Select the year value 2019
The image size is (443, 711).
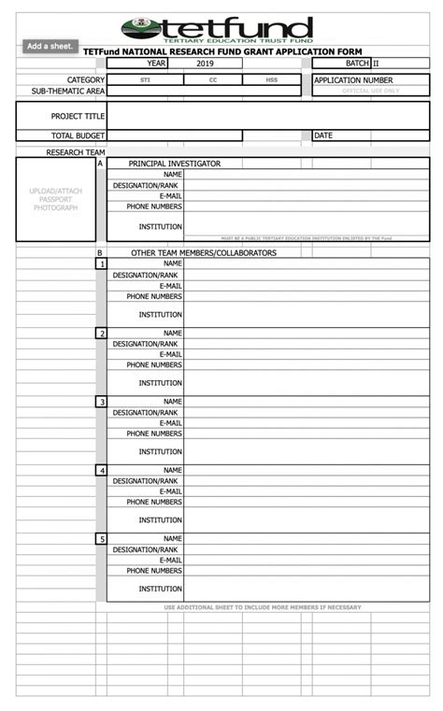click(x=206, y=64)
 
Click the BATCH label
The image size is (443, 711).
click(x=357, y=64)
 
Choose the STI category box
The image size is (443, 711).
click(x=145, y=80)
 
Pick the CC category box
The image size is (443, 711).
click(x=213, y=80)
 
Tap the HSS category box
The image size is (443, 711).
click(x=272, y=80)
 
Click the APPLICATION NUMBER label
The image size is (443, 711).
click(x=353, y=80)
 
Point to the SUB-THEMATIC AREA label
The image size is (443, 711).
click(x=67, y=92)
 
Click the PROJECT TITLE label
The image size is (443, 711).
click(x=78, y=117)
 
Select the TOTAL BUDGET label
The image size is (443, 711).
click(x=78, y=135)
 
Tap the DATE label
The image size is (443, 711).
click(x=323, y=135)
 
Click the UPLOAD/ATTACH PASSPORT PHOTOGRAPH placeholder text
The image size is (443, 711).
click(x=56, y=199)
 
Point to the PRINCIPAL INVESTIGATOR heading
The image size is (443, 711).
click(x=174, y=164)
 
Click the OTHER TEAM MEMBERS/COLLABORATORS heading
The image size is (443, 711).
click(x=203, y=253)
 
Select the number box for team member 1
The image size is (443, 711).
click(x=101, y=264)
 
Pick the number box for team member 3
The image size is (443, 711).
click(x=101, y=402)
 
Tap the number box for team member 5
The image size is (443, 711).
click(x=101, y=539)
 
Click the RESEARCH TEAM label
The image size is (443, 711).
click(x=76, y=151)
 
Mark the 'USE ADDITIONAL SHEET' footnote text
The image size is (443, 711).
click(x=263, y=607)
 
